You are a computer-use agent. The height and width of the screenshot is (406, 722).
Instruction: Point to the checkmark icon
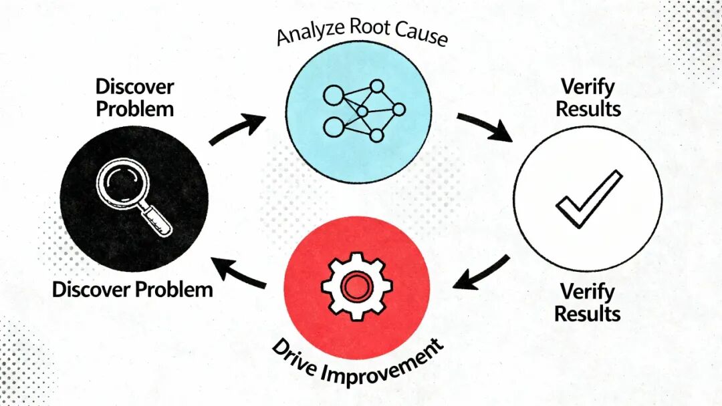point(588,200)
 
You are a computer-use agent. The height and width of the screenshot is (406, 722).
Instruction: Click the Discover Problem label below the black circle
point(132,290)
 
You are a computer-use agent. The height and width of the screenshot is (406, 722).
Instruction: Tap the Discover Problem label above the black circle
point(134,97)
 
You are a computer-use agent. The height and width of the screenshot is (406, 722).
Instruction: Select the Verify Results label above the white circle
point(588,97)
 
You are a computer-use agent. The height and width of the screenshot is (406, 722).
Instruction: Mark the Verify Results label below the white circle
point(588,302)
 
